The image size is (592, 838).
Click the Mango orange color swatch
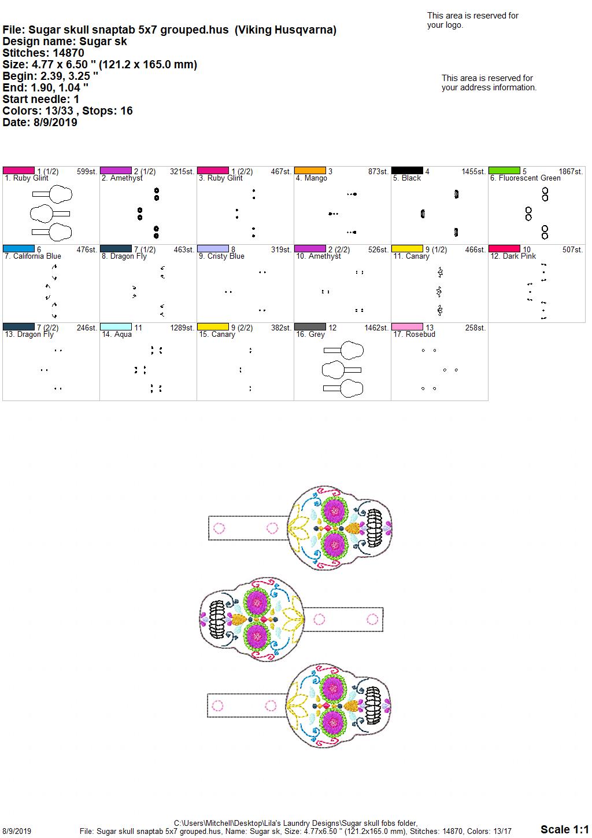[310, 171]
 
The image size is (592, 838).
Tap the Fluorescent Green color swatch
[504, 171]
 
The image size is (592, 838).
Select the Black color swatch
[407, 171]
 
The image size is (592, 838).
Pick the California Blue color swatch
[18, 248]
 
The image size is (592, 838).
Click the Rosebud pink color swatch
[407, 326]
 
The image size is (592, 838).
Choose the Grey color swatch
[310, 326]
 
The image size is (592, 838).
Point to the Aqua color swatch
[116, 326]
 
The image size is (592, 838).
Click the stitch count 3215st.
[182, 171]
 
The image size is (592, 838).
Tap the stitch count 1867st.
[571, 171]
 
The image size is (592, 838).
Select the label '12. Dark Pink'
[513, 256]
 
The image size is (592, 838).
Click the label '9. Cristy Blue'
[221, 256]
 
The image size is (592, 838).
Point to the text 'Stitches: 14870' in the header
[43, 53]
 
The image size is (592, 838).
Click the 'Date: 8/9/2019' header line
[40, 122]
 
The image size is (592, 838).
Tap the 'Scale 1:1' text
[564, 829]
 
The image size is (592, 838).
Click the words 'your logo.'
[445, 25]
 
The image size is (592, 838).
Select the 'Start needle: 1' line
[40, 99]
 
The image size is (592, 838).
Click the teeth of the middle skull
[217, 619]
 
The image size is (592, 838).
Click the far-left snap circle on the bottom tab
[217, 706]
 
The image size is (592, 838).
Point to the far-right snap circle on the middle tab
[372, 619]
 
